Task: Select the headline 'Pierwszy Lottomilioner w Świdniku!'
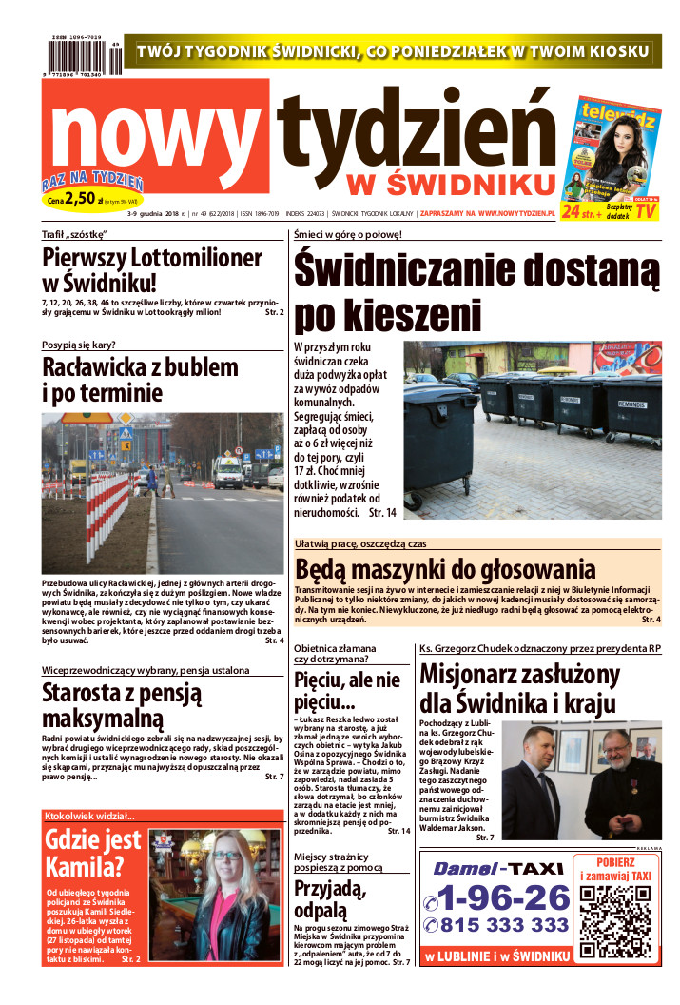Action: tap(152, 269)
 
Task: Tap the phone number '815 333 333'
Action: tap(496, 925)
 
